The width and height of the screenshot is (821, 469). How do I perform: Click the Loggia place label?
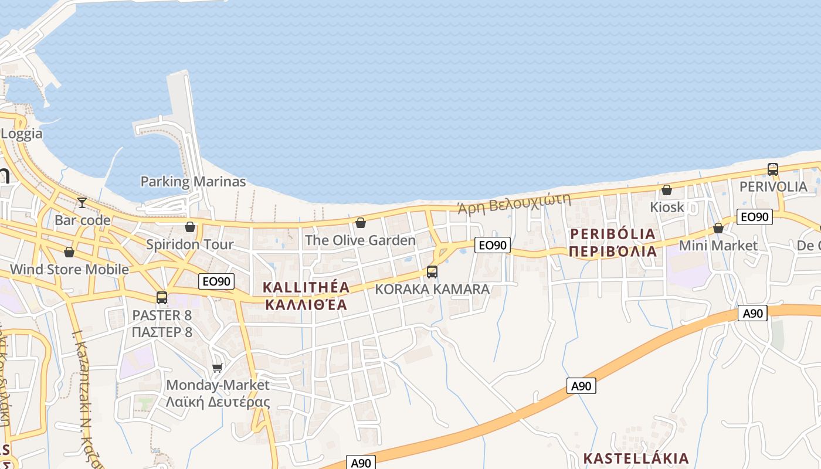point(22,134)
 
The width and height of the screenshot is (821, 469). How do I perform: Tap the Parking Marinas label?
point(193,181)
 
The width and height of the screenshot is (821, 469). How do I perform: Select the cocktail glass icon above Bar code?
point(82,203)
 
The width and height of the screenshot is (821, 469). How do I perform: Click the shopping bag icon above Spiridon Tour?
point(189,227)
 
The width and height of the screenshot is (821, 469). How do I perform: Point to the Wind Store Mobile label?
point(69,270)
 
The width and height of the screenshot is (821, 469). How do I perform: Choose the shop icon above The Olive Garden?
point(361,223)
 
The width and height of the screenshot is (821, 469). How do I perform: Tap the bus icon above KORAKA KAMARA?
point(432,271)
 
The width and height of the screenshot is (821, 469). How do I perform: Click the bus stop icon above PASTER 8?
point(162,298)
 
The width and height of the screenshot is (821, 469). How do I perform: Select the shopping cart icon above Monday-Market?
point(218,368)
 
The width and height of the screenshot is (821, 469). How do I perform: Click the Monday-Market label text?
point(218,385)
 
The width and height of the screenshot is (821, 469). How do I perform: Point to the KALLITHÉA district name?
point(306,287)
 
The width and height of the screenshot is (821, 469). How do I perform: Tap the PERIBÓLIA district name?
point(613,234)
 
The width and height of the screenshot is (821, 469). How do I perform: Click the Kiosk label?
point(667,207)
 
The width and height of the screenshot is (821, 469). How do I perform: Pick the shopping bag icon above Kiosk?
point(667,190)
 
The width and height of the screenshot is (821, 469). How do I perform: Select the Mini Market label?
point(718,246)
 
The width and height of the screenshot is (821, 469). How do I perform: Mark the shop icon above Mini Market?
point(718,228)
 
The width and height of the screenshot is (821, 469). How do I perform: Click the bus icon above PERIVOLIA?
point(773,169)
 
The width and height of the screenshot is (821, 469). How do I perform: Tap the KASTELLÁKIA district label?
point(636,458)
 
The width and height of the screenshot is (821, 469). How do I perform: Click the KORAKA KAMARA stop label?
point(432,289)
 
